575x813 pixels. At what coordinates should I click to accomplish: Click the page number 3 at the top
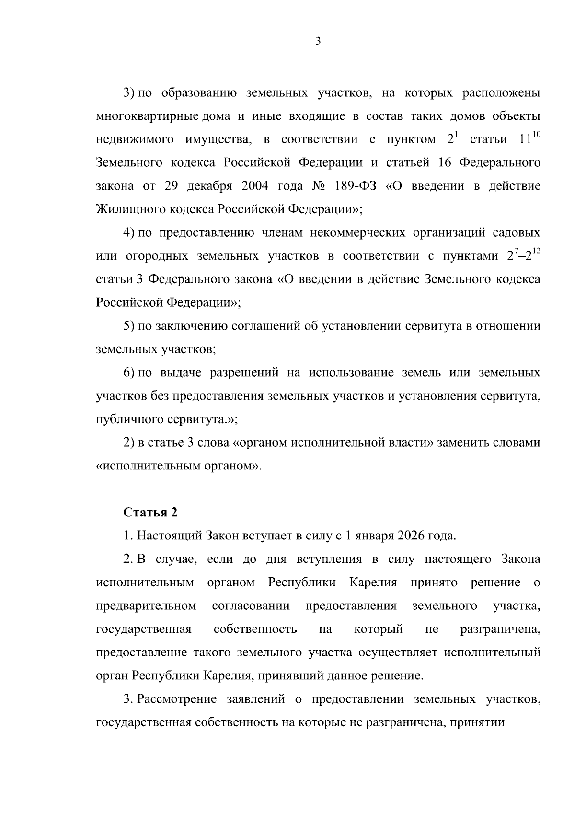(318, 41)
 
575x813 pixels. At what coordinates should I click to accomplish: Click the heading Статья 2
(150, 513)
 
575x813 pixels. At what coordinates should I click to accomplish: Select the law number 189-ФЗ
(353, 186)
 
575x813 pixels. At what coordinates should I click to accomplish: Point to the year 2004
(255, 186)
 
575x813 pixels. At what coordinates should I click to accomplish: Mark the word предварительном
(146, 606)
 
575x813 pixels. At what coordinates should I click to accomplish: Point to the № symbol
(319, 186)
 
